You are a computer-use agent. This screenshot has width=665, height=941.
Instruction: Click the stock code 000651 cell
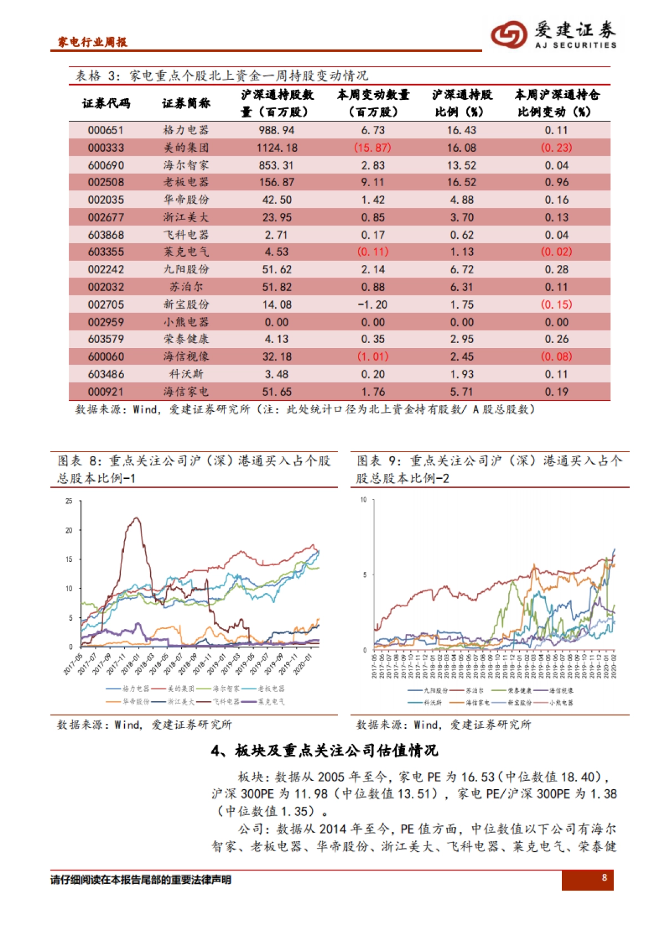pyautogui.click(x=106, y=130)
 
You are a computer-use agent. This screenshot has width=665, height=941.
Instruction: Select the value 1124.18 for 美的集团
pyautogui.click(x=277, y=148)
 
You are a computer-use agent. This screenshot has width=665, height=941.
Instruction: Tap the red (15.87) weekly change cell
pyautogui.click(x=372, y=148)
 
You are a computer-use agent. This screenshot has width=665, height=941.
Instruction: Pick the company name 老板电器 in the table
pyautogui.click(x=186, y=182)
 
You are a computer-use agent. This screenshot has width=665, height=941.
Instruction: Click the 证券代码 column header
pyautogui.click(x=106, y=103)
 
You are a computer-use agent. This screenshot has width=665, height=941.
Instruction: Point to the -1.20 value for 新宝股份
pyautogui.click(x=372, y=305)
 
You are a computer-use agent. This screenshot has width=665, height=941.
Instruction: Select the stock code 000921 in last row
pyautogui.click(x=106, y=392)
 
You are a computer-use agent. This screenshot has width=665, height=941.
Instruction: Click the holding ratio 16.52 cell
pyautogui.click(x=462, y=182)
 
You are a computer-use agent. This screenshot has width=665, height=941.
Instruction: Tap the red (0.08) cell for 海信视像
pyautogui.click(x=556, y=357)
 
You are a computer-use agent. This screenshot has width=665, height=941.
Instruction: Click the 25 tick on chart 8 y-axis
pyautogui.click(x=69, y=501)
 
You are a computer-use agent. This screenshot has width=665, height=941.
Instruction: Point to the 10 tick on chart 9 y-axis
pyautogui.click(x=364, y=500)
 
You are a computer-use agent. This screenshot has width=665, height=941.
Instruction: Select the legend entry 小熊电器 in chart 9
pyautogui.click(x=561, y=703)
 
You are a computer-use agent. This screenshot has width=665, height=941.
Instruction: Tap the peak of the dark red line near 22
pyautogui.click(x=136, y=518)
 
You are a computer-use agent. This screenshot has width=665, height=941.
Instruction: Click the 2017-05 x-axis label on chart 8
pyautogui.click(x=73, y=664)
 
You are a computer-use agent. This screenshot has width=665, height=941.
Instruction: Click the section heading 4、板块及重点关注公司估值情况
pyautogui.click(x=324, y=751)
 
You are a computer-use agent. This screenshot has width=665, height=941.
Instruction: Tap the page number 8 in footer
pyautogui.click(x=604, y=877)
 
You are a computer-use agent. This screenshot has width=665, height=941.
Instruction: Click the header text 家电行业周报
pyautogui.click(x=93, y=42)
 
